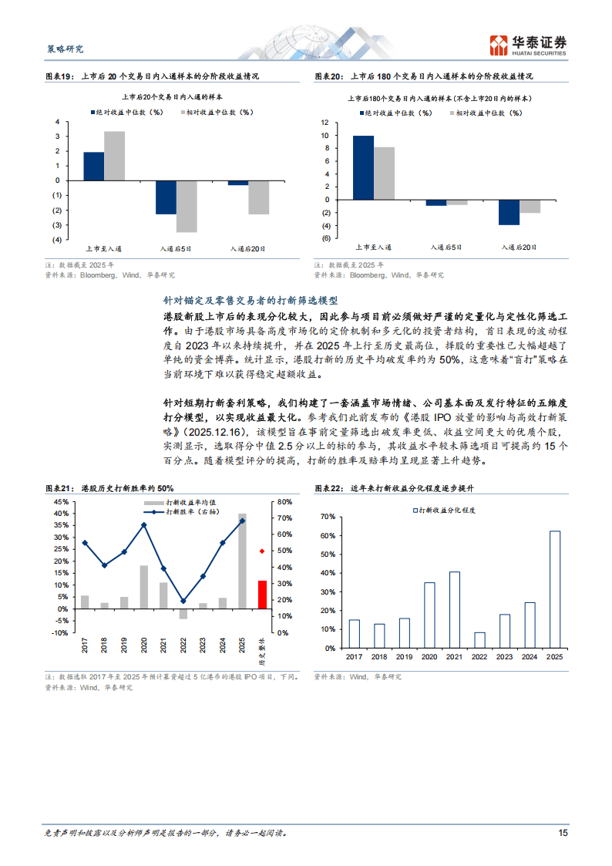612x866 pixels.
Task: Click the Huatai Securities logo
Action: click(x=529, y=45)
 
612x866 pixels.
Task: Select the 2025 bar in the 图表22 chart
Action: click(x=554, y=588)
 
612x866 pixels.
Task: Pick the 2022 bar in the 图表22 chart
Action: click(x=479, y=639)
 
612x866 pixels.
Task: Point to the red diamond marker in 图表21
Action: click(x=262, y=551)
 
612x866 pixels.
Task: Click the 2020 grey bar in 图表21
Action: click(x=144, y=587)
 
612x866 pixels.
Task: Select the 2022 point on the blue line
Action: click(x=183, y=601)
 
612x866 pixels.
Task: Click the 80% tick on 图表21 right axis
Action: click(x=283, y=501)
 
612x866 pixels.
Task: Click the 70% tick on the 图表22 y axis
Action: click(x=327, y=516)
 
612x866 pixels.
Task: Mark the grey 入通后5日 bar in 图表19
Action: click(x=187, y=207)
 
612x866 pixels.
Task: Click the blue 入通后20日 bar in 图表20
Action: click(x=509, y=212)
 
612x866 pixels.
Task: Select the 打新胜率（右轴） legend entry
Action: click(x=184, y=511)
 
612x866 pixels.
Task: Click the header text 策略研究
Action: click(x=61, y=49)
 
